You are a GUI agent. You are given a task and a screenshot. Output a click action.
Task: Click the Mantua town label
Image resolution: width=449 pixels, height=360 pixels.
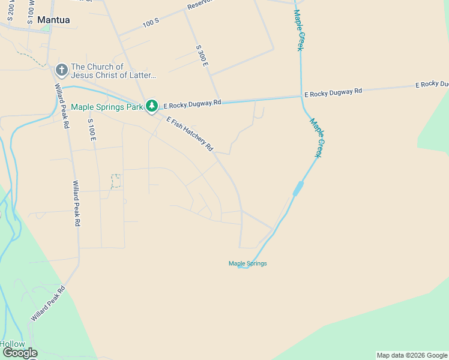pyautogui.click(x=53, y=20)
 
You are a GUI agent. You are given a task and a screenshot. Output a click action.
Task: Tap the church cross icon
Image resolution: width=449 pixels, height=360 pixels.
pyautogui.click(x=61, y=70)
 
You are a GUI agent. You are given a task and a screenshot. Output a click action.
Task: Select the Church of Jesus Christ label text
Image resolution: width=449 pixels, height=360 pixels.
pyautogui.click(x=113, y=71)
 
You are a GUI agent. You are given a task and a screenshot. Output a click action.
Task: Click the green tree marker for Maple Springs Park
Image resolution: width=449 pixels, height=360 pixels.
pyautogui.click(x=152, y=106)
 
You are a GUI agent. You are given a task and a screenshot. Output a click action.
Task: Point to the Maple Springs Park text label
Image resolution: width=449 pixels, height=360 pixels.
pyautogui.click(x=107, y=107)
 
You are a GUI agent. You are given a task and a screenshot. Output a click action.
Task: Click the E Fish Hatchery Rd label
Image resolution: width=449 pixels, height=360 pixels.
pyautogui.click(x=190, y=133)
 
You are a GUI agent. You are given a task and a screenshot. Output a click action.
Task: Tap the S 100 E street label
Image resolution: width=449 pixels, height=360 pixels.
pyautogui.click(x=92, y=130)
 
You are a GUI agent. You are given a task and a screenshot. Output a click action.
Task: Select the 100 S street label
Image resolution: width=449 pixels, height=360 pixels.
pyautogui.click(x=151, y=22)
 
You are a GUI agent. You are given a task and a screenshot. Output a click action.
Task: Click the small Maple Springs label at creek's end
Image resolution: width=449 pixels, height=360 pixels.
pyautogui.click(x=247, y=263)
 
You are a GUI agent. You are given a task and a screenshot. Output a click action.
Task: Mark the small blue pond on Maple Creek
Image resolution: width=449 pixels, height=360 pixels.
pyautogui.click(x=297, y=188)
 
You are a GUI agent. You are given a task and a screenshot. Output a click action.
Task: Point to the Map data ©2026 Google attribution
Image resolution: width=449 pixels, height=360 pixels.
pyautogui.click(x=412, y=355)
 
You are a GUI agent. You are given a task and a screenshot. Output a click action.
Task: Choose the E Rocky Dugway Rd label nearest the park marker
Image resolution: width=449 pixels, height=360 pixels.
pyautogui.click(x=192, y=103)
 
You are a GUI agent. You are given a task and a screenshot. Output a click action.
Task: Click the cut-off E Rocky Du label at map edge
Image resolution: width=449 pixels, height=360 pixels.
pyautogui.click(x=432, y=84)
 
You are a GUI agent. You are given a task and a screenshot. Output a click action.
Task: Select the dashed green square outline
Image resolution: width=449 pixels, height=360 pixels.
pyautogui.click(x=116, y=181)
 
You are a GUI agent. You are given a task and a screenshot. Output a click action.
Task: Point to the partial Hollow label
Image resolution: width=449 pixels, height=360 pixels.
pyautogui.click(x=13, y=344)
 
